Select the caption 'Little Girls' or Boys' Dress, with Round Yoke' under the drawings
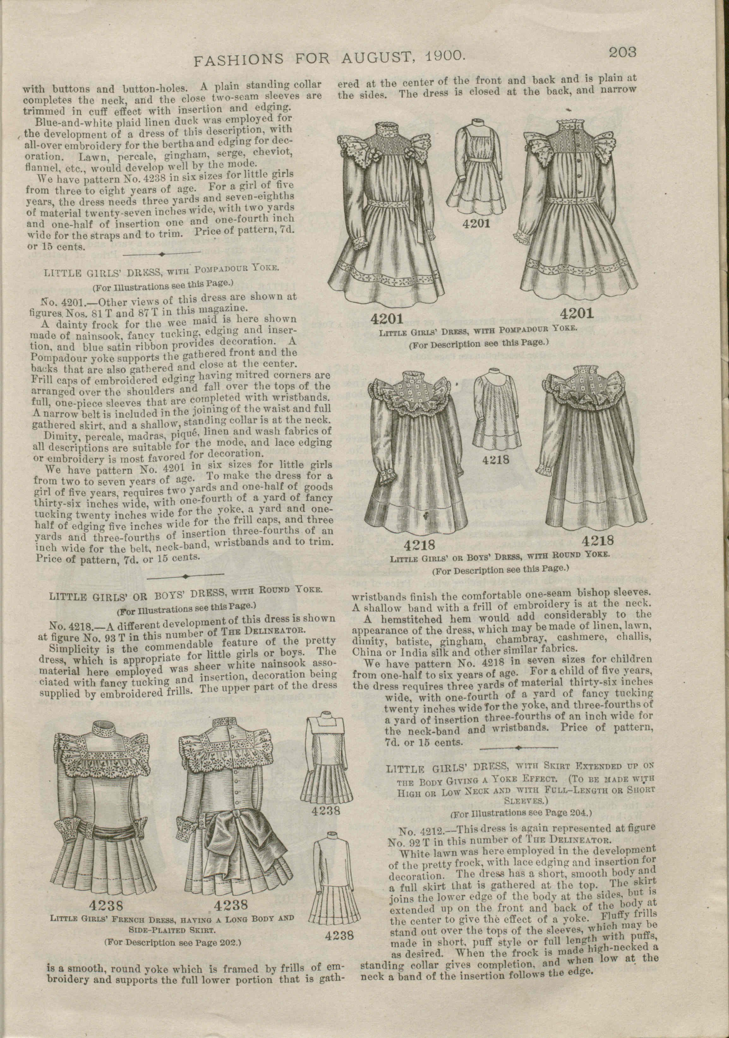click(x=499, y=556)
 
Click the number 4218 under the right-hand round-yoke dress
click(x=598, y=540)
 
